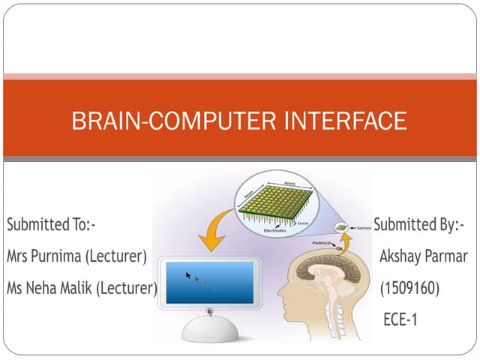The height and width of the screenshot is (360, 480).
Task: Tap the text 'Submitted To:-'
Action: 52,224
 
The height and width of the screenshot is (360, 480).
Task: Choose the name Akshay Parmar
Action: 424,256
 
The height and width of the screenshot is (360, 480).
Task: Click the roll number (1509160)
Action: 409,287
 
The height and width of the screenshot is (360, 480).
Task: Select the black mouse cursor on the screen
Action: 189,275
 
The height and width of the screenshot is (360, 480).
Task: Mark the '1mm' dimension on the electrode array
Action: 304,222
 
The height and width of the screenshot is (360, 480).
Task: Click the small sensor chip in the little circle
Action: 342,226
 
